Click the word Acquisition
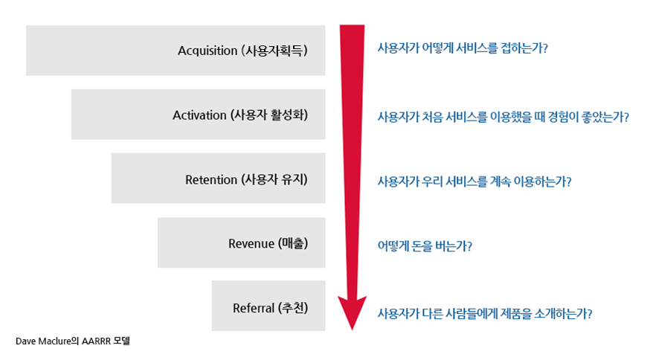coord(207,51)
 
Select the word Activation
coord(199,115)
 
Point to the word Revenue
coord(251,244)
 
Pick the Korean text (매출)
coord(292,244)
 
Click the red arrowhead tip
coord(352,328)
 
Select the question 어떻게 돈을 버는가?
coord(425,245)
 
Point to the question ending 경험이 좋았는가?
coord(503,117)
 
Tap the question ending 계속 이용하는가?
coord(474,181)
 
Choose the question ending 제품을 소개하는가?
coord(484,313)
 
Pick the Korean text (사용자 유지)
coord(274,180)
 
